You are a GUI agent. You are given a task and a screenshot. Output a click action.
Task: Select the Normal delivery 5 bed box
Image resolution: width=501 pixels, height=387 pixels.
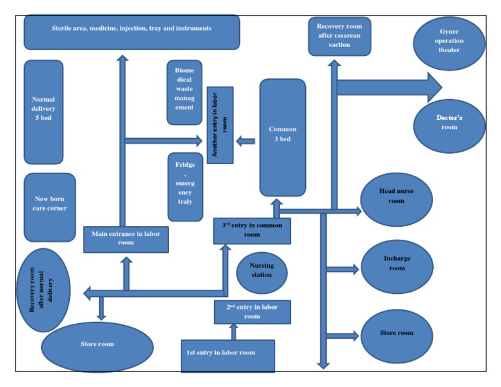44,112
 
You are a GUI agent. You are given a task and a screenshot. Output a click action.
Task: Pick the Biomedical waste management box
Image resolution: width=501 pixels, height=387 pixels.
185,92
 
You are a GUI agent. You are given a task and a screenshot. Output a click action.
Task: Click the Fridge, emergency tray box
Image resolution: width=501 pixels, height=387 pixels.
185,187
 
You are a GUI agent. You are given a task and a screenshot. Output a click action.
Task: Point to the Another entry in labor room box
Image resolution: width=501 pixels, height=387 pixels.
220,124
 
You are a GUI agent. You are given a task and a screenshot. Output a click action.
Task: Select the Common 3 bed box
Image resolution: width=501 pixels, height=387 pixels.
282,137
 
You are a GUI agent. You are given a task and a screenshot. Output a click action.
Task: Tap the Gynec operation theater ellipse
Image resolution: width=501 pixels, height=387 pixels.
449,44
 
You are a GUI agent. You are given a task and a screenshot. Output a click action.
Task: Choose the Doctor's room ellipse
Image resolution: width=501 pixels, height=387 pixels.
449,126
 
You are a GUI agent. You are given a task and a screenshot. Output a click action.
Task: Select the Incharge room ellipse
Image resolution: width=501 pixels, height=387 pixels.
397,266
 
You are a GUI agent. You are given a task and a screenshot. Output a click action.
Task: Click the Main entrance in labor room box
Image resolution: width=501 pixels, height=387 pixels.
126,238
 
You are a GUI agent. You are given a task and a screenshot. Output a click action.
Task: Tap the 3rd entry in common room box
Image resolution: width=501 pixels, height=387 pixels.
252,231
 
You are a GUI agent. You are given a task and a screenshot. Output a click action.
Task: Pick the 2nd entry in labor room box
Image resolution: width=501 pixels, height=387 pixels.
252,312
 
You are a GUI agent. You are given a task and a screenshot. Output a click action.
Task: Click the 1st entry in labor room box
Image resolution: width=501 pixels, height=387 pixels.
228,356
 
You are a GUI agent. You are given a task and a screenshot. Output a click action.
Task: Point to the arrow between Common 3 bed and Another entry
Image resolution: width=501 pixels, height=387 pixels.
246,141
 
